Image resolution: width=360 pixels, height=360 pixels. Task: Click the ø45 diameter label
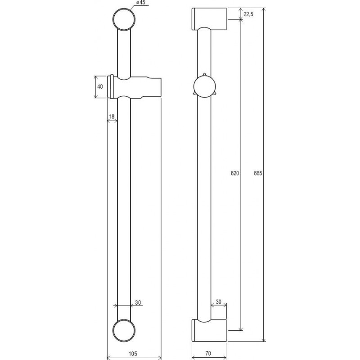tap(141, 3)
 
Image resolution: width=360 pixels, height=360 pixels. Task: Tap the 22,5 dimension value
tap(248, 14)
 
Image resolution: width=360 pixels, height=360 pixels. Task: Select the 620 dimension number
tap(235, 173)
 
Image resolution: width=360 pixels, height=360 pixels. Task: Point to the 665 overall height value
tap(258, 173)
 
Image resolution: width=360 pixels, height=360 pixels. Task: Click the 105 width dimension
tap(133, 354)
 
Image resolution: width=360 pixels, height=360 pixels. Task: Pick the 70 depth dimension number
tap(208, 354)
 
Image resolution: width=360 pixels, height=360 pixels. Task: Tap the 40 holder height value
tap(100, 87)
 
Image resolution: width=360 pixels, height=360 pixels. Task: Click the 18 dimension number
tap(112, 117)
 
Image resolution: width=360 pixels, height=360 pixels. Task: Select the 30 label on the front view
tap(138, 302)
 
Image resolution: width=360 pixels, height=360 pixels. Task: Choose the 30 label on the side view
tap(219, 301)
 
